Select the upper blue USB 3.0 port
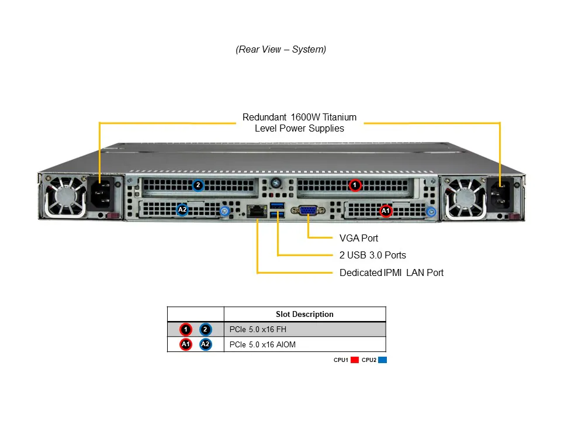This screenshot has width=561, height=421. (277, 205)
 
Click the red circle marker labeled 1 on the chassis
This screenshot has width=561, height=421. (354, 185)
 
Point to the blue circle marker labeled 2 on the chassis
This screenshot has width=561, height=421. (198, 185)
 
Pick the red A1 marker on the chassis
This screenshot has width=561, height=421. (385, 210)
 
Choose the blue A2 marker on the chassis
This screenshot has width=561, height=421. (182, 209)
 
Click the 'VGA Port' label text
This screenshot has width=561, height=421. (359, 238)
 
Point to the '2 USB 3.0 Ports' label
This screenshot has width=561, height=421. (373, 255)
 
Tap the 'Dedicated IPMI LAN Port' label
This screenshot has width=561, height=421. (392, 272)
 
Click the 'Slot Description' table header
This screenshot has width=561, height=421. (304, 314)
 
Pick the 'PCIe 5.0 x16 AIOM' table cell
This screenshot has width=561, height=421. (263, 344)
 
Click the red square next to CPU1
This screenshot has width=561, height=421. (355, 360)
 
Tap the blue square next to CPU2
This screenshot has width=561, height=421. (383, 360)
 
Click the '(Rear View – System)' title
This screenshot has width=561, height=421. (280, 50)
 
